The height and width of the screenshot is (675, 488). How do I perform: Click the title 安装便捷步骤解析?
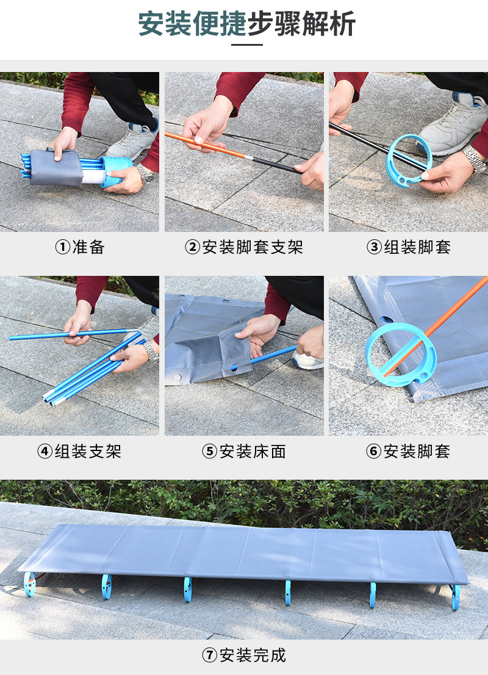point(246,23)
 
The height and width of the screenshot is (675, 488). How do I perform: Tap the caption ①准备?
point(80,247)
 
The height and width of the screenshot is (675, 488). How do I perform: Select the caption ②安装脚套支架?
point(244,247)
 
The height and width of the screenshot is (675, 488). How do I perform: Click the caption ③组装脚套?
point(408,247)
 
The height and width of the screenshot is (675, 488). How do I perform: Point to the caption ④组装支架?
point(79,451)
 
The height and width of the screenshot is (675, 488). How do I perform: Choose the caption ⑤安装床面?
point(244,451)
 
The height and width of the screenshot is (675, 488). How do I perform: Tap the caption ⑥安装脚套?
point(408,451)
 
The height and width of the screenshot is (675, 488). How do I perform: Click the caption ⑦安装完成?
point(244,655)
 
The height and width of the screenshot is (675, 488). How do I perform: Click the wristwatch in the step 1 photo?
point(146,173)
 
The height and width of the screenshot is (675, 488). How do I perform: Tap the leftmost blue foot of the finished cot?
point(30,584)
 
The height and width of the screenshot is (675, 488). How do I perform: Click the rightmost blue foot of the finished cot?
point(456,597)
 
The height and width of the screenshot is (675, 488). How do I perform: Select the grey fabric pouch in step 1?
point(56,167)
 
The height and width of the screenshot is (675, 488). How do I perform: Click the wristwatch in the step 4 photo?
point(151,350)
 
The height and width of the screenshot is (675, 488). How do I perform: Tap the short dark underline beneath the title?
point(246,45)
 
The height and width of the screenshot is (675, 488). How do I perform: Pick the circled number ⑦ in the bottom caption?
point(210,655)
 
